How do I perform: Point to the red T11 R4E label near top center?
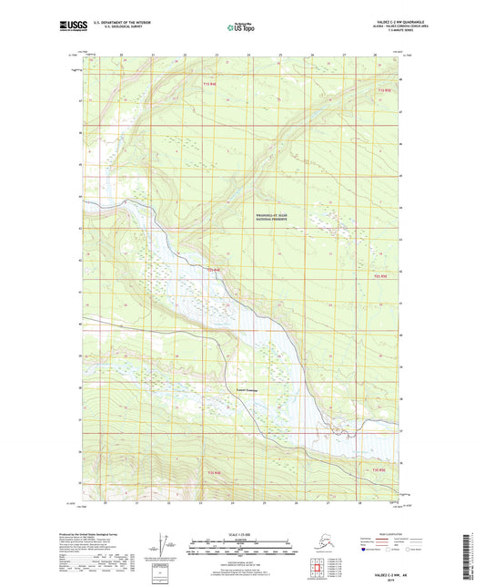coord(209,84)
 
